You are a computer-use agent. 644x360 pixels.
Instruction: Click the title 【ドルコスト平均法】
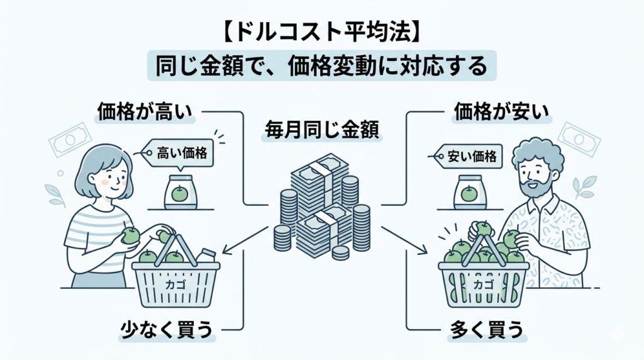[x=321, y=31]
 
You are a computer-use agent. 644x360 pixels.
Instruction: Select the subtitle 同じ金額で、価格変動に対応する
[x=321, y=65]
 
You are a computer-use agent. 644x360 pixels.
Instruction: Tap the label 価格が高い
[x=145, y=112]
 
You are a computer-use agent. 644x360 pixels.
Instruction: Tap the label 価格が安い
[x=501, y=112]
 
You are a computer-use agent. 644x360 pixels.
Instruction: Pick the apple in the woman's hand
[x=130, y=235]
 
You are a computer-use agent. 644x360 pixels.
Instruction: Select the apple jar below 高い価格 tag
[x=180, y=193]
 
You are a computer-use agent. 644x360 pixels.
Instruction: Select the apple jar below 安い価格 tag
[x=469, y=193]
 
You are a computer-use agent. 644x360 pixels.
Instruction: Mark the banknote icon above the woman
[x=71, y=139]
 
